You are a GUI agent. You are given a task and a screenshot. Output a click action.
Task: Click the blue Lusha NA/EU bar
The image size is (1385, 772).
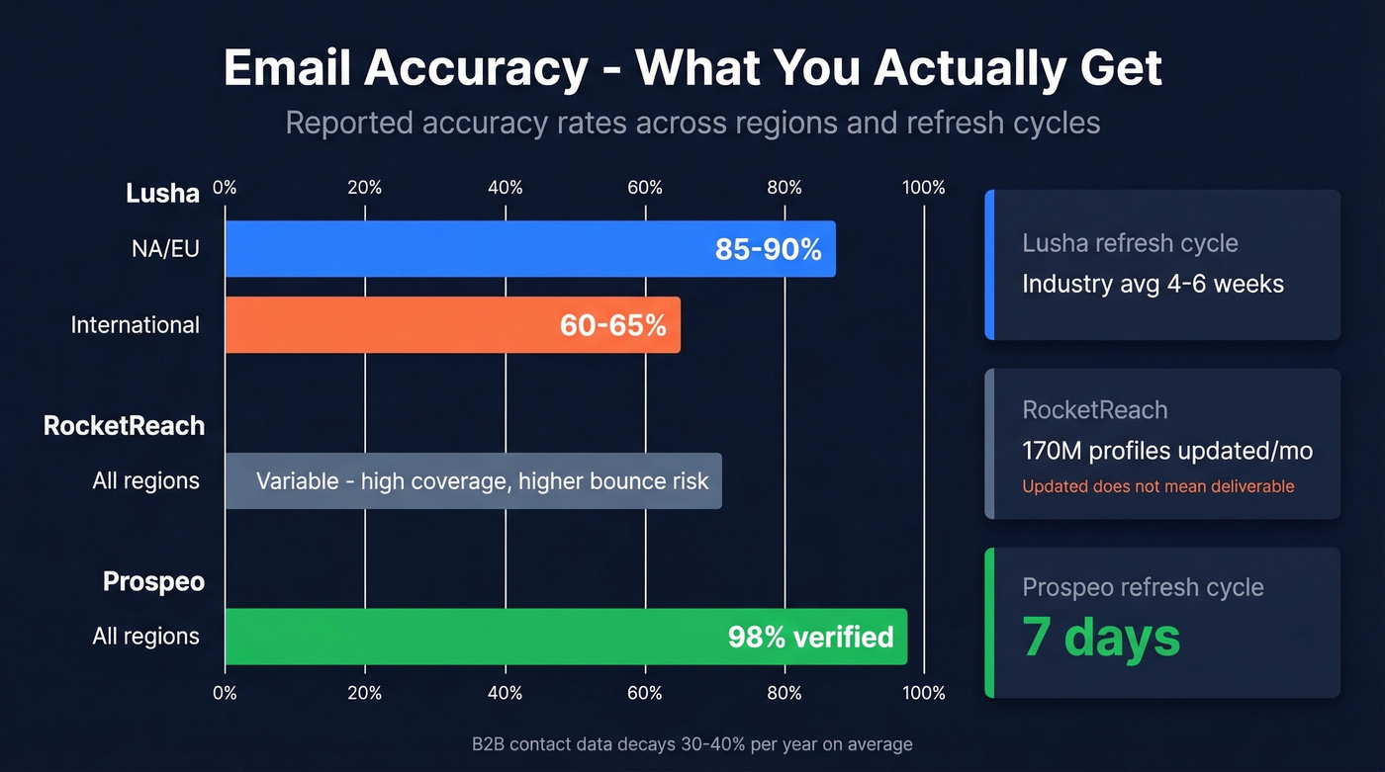465,248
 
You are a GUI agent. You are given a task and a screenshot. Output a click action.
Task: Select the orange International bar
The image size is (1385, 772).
386,325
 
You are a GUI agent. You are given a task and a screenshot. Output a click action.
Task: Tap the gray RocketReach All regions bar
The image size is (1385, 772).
473,481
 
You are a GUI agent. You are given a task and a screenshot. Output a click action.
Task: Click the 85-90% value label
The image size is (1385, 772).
768,249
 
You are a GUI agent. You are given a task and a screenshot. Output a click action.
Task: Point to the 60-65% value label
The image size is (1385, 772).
612,325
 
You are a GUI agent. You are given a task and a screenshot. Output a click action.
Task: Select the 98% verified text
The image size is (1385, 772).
810,637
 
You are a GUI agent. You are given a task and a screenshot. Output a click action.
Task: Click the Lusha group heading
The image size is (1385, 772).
162,193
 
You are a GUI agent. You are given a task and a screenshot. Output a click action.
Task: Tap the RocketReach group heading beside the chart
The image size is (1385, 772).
124,426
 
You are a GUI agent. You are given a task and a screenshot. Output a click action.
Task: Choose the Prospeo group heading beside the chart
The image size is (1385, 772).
153,581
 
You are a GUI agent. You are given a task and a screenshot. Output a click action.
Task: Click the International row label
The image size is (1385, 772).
135,325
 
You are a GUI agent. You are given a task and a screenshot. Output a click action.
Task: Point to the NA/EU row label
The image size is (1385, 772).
165,248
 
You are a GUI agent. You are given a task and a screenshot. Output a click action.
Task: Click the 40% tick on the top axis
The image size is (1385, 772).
506,188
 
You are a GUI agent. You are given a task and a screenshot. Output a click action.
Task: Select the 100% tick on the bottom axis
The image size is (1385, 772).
924,693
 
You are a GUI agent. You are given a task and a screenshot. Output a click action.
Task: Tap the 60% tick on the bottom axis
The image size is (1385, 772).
645,693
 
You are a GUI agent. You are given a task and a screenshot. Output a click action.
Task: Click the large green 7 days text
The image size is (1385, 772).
1101,637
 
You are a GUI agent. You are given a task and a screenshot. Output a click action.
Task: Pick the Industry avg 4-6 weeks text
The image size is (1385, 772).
1153,285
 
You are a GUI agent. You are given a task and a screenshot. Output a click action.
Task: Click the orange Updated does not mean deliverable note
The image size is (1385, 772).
1157,486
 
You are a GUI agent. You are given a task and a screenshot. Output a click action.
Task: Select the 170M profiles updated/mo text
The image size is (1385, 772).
1167,452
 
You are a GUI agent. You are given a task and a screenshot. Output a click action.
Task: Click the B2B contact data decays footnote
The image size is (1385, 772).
692,744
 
